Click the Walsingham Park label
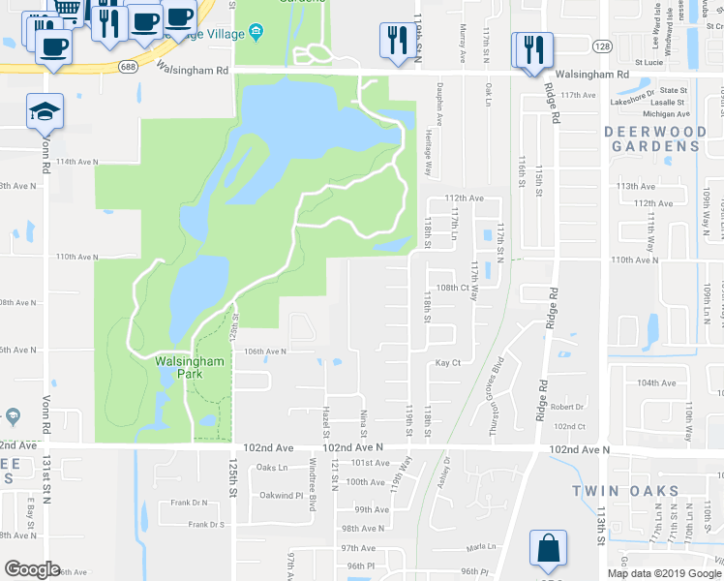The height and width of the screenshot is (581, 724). pyautogui.click(x=190, y=367)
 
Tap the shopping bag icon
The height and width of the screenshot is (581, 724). pyautogui.click(x=549, y=550)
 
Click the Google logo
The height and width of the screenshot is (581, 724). pyautogui.click(x=31, y=569)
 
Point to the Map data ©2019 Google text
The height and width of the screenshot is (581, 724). pyautogui.click(x=664, y=573)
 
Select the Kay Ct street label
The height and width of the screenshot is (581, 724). pyautogui.click(x=447, y=362)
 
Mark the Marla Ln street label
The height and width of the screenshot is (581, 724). pyautogui.click(x=480, y=547)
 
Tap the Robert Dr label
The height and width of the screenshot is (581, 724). pyautogui.click(x=567, y=407)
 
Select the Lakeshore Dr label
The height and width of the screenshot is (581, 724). pyautogui.click(x=633, y=101)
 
